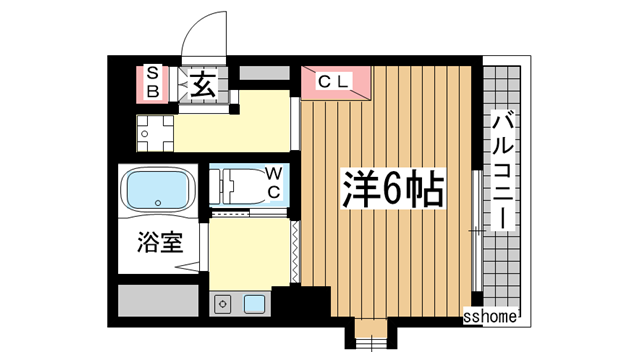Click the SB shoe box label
(153, 80)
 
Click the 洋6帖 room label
(394, 188)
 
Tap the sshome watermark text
(491, 317)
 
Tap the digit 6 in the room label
(395, 188)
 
